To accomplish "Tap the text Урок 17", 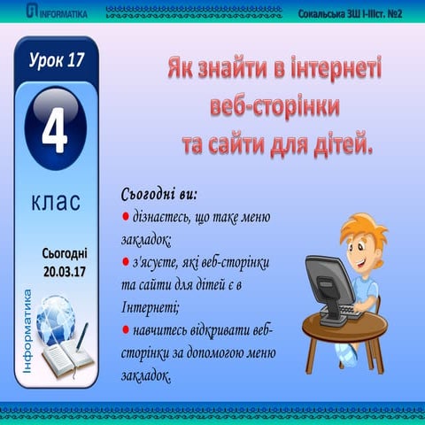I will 56,61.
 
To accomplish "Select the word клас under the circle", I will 56,203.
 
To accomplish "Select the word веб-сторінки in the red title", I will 275,105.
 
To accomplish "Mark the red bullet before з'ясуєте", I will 125,263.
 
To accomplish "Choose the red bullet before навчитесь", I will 125,330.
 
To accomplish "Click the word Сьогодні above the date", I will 65,252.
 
